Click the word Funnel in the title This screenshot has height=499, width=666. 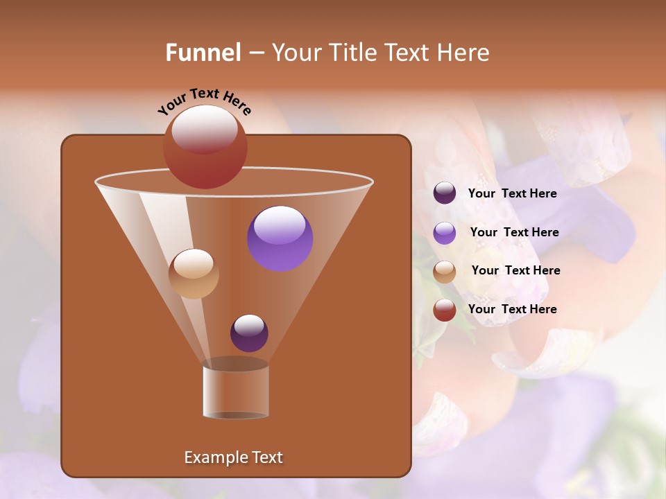203,53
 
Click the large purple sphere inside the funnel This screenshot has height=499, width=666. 280,238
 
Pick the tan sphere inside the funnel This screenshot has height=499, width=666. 194,274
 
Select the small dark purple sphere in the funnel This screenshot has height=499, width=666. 249,333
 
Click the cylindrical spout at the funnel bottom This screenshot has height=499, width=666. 236,392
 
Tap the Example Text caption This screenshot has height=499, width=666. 233,457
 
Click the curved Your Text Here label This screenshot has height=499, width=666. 204,100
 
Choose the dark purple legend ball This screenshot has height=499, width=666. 445,193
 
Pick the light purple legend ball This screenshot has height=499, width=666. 445,233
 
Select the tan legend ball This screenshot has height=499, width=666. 445,272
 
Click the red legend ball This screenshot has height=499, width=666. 445,310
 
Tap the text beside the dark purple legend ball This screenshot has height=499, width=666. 512,193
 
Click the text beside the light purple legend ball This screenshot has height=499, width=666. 514,232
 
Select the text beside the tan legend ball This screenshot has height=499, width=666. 515,270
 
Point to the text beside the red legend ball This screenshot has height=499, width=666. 512,309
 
